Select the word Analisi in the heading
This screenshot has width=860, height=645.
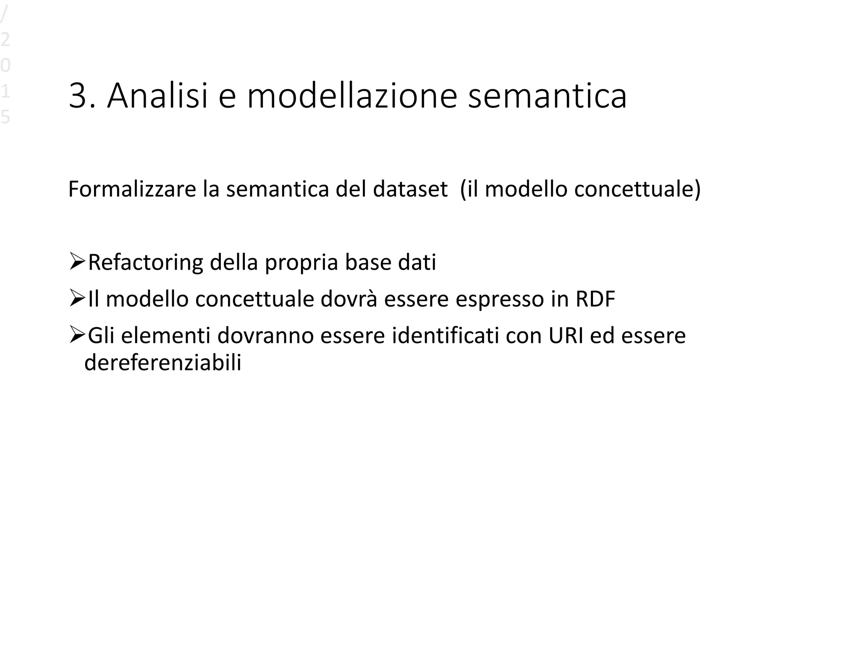[x=157, y=97]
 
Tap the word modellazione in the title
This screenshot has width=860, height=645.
[x=351, y=97]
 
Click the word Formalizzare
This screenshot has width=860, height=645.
[x=132, y=189]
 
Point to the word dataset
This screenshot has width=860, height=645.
[x=410, y=189]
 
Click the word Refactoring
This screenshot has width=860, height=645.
[x=145, y=263]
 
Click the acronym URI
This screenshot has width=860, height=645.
[x=566, y=336]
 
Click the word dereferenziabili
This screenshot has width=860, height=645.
[x=163, y=362]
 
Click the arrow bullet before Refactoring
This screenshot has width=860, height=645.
[x=77, y=262]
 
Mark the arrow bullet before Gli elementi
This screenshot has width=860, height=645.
[x=77, y=335]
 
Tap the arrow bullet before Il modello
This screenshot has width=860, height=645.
[x=77, y=298]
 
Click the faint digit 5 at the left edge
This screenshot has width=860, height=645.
[x=5, y=117]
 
